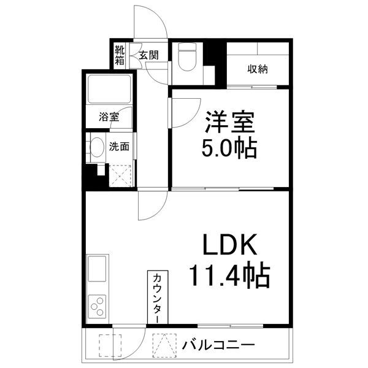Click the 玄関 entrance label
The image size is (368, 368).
click(x=148, y=55)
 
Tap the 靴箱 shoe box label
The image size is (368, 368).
click(x=120, y=54)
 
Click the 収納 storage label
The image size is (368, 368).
click(x=258, y=69)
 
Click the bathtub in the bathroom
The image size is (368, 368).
click(x=109, y=90)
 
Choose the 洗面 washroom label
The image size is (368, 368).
click(x=119, y=147)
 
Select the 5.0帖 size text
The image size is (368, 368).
click(x=228, y=148)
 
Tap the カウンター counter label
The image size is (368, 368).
click(x=156, y=297)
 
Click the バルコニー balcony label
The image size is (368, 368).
click(x=218, y=345)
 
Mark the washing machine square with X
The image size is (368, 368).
click(x=120, y=175)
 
